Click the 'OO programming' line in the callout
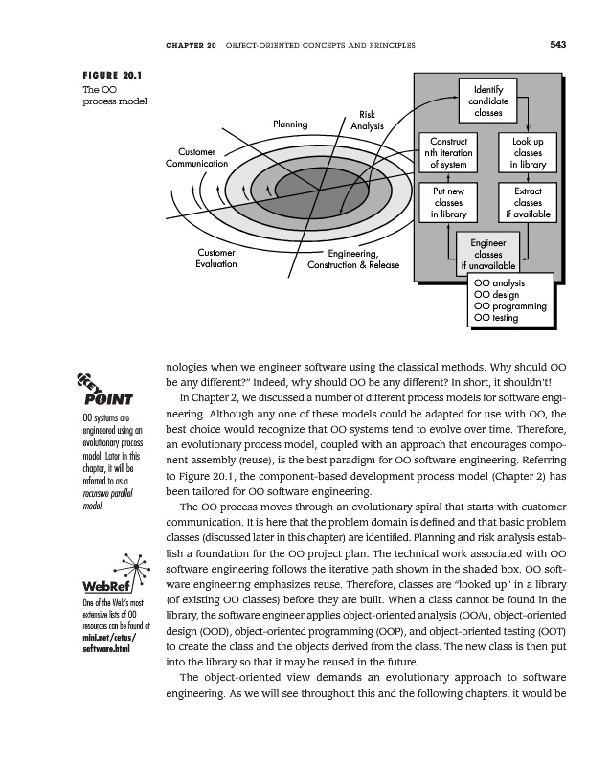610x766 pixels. (510, 306)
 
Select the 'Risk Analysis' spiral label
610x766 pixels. (367, 120)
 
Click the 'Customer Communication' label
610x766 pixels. (196, 158)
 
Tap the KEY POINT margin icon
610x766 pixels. (111, 390)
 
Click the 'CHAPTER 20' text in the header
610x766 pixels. (190, 42)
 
